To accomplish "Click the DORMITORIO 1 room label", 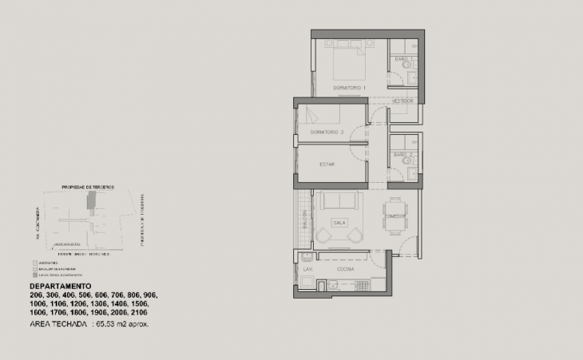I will [x=349, y=87].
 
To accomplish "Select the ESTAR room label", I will [x=327, y=164].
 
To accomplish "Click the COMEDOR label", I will [x=395, y=216].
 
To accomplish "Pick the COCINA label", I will [x=346, y=270].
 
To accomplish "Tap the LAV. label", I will [x=307, y=270].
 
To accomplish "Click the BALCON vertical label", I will [x=305, y=220].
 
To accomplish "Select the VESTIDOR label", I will [x=403, y=102].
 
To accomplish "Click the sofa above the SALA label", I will [x=339, y=202].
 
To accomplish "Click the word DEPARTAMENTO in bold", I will [x=60, y=286].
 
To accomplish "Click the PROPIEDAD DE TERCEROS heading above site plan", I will [x=88, y=187].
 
